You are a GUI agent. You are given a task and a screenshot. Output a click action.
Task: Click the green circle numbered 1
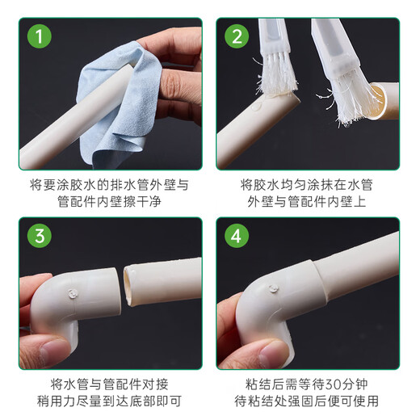[x=38, y=38]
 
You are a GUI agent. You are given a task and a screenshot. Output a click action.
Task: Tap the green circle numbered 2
[x=237, y=38]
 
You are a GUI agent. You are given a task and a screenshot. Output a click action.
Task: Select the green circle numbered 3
[x=38, y=237]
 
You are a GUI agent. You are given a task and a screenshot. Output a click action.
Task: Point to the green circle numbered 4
[x=237, y=237]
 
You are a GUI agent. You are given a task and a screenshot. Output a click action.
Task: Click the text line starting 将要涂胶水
[x=109, y=184]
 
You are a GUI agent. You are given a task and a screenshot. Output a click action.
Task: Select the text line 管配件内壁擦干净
[x=109, y=203]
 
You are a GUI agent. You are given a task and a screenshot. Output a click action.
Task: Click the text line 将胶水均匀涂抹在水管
[x=308, y=184]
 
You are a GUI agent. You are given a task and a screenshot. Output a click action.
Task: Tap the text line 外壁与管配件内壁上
[x=308, y=203]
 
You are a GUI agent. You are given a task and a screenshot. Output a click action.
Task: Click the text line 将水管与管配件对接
[x=109, y=384]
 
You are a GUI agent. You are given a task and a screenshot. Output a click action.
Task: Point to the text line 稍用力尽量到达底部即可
[x=109, y=401]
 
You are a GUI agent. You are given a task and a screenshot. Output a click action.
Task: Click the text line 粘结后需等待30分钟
[x=308, y=384]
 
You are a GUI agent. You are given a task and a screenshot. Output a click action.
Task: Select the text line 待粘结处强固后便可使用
[x=308, y=401]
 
